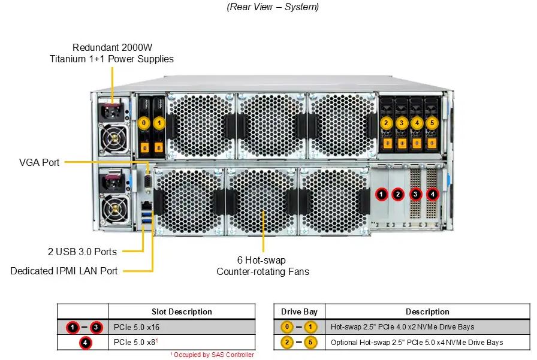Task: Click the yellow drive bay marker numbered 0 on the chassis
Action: click(x=144, y=123)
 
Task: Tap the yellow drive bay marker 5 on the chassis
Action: click(x=432, y=123)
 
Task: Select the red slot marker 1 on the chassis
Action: click(x=382, y=194)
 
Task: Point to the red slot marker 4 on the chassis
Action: click(x=433, y=194)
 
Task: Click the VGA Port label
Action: click(x=40, y=162)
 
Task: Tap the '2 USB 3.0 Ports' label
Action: click(x=82, y=252)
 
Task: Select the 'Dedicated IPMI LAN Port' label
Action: click(x=64, y=271)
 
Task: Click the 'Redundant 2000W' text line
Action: click(x=112, y=47)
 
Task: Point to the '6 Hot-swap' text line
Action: click(x=261, y=260)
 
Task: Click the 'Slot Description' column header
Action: click(x=182, y=311)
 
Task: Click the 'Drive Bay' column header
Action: click(x=299, y=311)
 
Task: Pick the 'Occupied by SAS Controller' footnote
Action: click(x=213, y=355)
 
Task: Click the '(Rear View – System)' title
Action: click(x=273, y=7)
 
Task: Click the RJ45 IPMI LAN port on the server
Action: click(x=147, y=206)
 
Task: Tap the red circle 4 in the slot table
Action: click(x=85, y=343)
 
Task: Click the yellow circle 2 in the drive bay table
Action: click(x=287, y=342)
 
